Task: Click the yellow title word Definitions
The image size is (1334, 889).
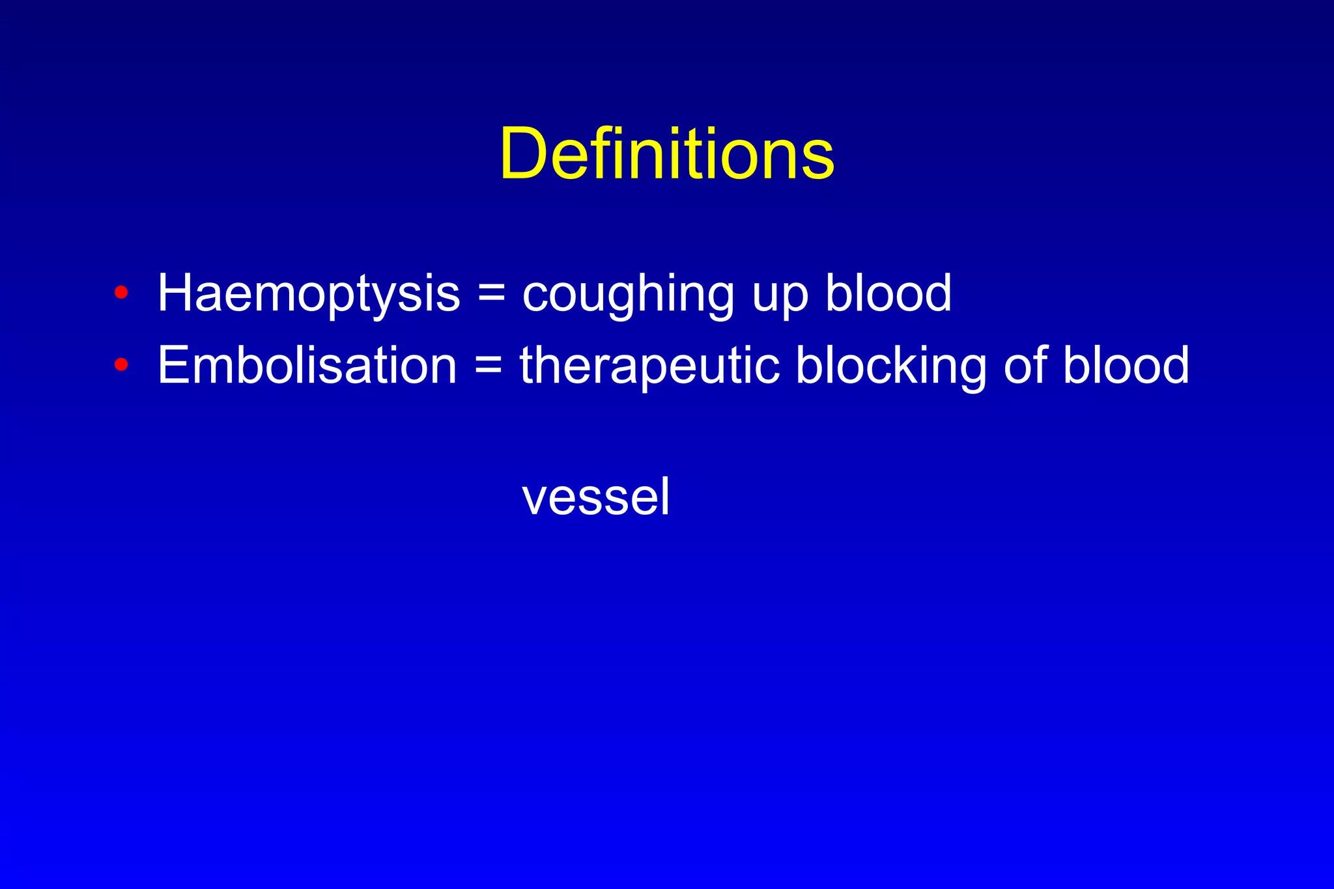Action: click(x=667, y=154)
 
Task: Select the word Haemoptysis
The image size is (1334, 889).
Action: click(x=309, y=294)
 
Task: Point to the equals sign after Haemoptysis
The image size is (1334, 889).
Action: click(x=491, y=293)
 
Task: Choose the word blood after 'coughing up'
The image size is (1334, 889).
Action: click(x=888, y=293)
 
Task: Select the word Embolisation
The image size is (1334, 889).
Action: click(x=307, y=365)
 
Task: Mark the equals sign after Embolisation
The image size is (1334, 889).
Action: click(x=489, y=365)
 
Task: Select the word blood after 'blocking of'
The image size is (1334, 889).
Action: click(x=1126, y=365)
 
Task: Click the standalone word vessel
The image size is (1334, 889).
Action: click(x=595, y=497)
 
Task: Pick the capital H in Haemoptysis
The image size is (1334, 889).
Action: click(x=178, y=293)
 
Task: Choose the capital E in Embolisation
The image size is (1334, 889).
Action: click(x=175, y=365)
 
